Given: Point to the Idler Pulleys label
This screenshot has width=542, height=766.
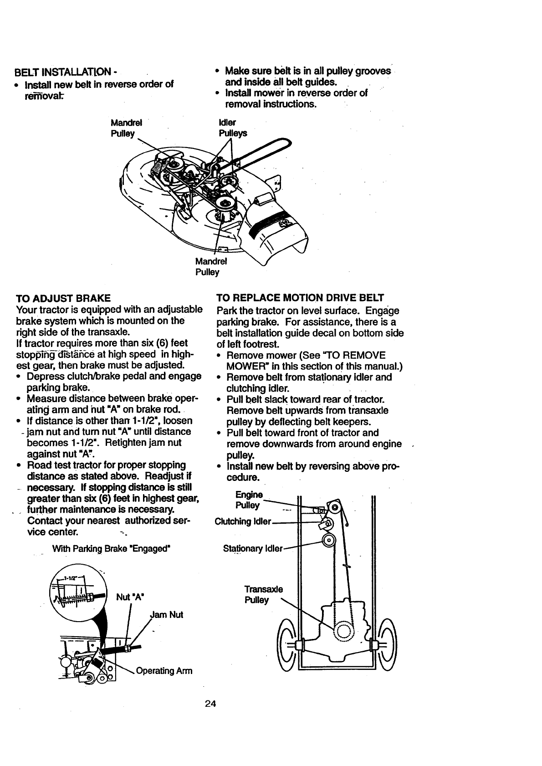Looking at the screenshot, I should tap(233, 128).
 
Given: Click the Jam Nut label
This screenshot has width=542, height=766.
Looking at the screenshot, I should tap(166, 615).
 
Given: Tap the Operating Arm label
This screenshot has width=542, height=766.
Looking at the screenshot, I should tap(164, 671).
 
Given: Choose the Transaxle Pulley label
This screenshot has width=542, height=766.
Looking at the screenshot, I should tap(257, 594).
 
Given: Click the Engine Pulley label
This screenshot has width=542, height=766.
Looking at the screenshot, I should tap(248, 500).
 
